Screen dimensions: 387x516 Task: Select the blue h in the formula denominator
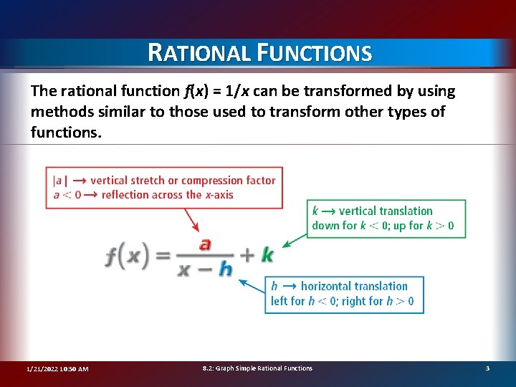[225, 269]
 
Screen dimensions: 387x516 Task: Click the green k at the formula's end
[267, 254]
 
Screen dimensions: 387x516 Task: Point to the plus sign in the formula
[247, 255]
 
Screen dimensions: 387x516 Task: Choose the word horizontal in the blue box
[327, 286]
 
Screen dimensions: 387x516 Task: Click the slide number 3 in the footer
[487, 368]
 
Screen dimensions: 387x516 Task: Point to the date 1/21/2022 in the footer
[42, 368]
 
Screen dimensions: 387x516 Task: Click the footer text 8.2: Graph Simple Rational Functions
[257, 368]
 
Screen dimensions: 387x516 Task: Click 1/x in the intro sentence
[248, 91]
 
